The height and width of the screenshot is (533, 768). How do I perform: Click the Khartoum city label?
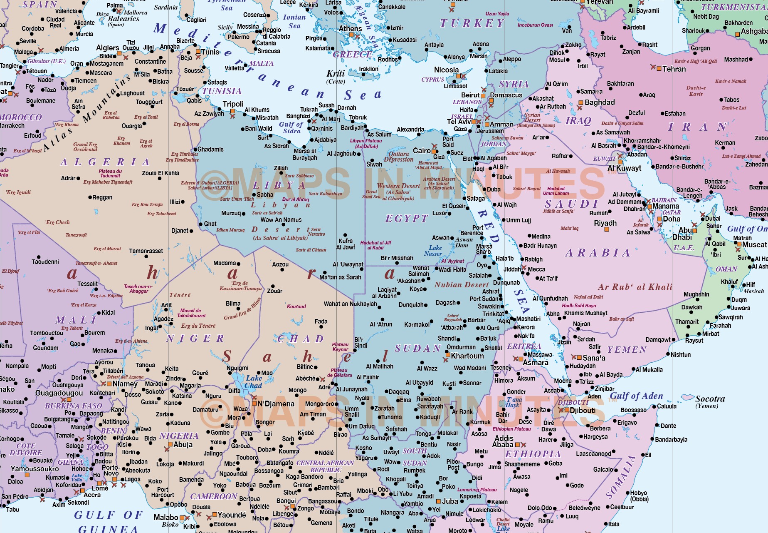point(467,356)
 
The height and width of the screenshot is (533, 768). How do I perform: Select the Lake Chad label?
point(253,382)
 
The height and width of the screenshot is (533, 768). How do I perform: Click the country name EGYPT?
point(406,219)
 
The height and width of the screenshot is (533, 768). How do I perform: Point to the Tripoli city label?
point(233,104)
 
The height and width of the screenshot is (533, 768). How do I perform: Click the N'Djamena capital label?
point(276,404)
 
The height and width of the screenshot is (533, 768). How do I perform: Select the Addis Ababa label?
point(503,441)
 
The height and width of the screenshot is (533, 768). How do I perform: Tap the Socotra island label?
point(710,399)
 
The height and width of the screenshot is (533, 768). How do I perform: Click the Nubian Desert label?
point(462,285)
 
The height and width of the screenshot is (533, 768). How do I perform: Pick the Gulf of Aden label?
point(636,396)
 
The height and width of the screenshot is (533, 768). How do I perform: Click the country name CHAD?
point(301,339)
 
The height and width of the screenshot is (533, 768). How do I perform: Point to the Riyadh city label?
point(605,223)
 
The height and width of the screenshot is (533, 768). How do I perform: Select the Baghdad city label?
point(599,102)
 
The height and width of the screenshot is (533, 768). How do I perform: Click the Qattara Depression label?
point(398,157)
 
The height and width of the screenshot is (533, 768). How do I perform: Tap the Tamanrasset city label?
point(146,251)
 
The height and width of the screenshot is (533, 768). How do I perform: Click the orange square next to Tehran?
point(659,69)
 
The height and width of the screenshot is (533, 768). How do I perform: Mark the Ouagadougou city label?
point(59,393)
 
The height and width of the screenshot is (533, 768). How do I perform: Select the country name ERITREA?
point(524,346)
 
